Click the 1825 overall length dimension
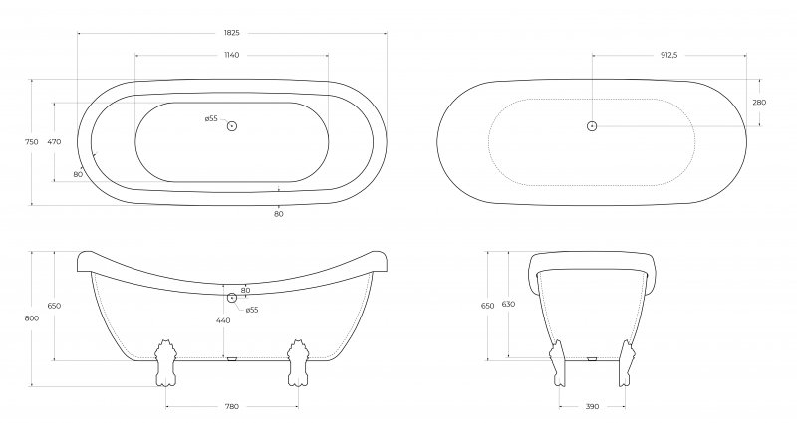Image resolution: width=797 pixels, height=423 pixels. point(231,33)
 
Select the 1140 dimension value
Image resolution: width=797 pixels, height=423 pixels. point(231,55)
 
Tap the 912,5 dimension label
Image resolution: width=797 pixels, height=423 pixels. point(668,55)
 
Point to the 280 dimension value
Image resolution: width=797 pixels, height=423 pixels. point(759,103)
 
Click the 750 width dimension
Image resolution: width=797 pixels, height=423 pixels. point(31,142)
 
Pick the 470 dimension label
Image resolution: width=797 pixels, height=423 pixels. point(54,142)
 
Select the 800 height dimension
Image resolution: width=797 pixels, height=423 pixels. point(31,318)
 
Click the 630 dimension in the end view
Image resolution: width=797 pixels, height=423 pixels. point(508,304)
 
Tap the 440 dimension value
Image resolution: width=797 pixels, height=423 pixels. point(223,320)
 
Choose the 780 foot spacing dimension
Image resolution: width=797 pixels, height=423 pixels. point(231,406)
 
